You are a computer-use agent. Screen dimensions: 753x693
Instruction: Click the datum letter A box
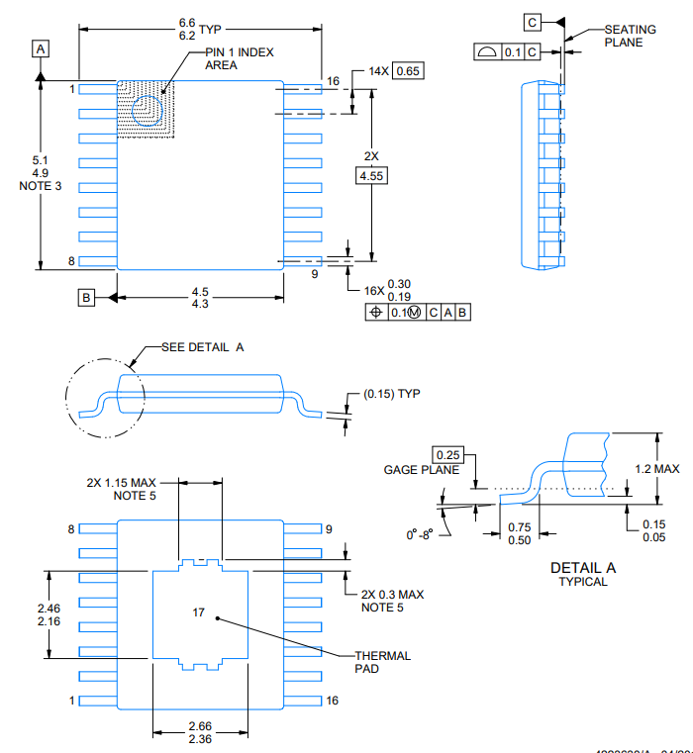(40, 48)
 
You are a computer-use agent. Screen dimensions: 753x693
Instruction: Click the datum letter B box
(86, 297)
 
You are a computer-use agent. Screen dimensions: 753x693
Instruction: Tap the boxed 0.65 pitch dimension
(407, 71)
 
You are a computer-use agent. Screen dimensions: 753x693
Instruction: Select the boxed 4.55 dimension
(371, 175)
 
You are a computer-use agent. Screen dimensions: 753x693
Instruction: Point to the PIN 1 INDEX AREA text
(239, 57)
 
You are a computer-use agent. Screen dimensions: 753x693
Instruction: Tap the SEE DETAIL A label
(202, 348)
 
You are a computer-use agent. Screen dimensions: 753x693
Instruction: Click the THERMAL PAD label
(382, 662)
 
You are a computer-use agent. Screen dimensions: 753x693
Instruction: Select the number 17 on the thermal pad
(198, 613)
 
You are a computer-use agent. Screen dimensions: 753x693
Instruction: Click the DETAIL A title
(583, 568)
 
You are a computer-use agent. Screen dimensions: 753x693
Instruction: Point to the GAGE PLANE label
(421, 469)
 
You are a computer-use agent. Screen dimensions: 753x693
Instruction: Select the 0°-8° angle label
(420, 535)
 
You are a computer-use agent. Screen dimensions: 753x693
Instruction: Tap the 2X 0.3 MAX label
(392, 594)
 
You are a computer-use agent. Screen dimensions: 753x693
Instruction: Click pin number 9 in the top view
(315, 274)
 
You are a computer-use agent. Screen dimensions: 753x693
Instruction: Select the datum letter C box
(533, 22)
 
